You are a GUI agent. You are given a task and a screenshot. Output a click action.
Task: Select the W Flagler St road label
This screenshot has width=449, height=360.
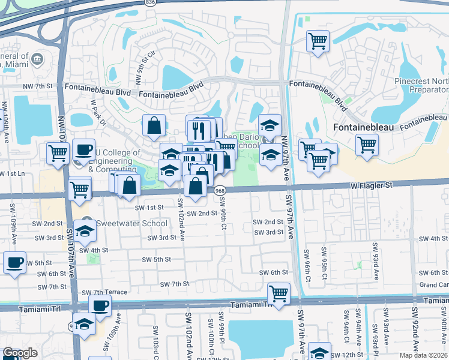(x=372, y=186)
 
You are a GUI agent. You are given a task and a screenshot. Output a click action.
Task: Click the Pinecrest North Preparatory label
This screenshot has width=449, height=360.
(x=420, y=85)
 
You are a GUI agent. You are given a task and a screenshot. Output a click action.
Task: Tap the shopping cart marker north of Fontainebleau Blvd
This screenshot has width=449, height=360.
(x=317, y=41)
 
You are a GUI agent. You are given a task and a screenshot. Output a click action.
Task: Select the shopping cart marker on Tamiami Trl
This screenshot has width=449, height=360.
(x=279, y=293)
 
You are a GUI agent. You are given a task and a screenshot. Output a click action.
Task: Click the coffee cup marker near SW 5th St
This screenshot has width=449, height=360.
(x=15, y=262)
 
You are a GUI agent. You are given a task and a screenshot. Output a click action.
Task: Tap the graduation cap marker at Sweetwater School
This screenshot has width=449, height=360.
(x=85, y=232)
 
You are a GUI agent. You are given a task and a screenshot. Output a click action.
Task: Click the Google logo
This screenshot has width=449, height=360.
(x=19, y=353)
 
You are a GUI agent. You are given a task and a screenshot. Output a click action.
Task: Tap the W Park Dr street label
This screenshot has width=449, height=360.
(x=98, y=112)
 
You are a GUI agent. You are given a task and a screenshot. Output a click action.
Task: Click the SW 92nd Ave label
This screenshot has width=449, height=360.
(x=414, y=330)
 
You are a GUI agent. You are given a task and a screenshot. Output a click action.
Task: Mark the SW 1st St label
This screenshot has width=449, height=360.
(x=149, y=207)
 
